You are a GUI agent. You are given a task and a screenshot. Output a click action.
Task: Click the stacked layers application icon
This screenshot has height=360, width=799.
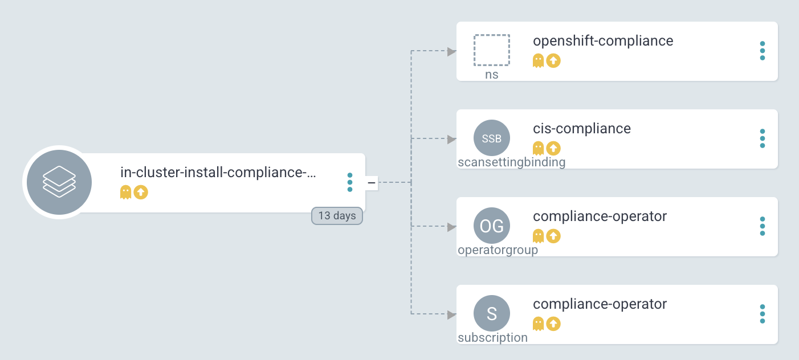click(59, 182)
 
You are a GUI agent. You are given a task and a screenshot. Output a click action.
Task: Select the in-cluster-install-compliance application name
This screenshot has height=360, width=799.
click(218, 173)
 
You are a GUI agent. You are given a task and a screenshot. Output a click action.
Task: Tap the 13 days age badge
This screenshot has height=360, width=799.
click(337, 216)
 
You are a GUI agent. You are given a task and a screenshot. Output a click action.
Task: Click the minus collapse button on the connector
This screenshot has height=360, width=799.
click(372, 182)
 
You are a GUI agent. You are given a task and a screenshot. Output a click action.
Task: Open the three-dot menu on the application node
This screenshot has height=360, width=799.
click(350, 182)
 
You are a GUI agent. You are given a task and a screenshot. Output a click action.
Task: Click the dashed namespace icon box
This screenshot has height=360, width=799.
click(491, 50)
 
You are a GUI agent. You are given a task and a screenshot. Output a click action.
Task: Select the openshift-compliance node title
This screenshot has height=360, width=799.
click(603, 41)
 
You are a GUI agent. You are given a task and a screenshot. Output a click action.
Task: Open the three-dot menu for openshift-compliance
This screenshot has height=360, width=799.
click(763, 50)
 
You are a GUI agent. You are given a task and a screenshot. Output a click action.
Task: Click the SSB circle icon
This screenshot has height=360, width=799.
click(491, 138)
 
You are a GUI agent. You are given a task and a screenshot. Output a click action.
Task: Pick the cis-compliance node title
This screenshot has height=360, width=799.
click(582, 129)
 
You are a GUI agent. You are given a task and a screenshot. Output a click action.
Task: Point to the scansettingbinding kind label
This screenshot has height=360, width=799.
click(512, 162)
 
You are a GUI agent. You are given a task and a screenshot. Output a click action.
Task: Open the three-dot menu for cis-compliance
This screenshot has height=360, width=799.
click(763, 138)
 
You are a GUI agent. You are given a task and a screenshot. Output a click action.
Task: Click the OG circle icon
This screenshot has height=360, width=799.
click(491, 226)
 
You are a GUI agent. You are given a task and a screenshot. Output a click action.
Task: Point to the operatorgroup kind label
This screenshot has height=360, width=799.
click(498, 250)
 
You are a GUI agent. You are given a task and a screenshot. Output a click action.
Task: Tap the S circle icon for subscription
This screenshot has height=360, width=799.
click(491, 314)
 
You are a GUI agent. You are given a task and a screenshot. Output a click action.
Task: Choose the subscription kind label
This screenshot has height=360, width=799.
click(493, 338)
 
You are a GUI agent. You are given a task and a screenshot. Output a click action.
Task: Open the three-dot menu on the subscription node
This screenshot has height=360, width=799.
click(763, 314)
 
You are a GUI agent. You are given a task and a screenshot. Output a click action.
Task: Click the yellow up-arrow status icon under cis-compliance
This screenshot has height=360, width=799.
click(553, 148)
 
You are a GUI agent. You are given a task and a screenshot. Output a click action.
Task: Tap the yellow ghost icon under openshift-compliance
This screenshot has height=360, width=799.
click(538, 60)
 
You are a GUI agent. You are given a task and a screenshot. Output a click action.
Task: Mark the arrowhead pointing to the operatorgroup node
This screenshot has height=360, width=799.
click(452, 227)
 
